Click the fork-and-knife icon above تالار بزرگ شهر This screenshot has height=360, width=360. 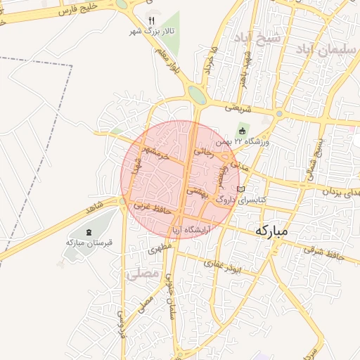click(x=150, y=20)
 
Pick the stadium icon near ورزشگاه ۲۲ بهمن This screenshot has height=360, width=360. click(x=243, y=130)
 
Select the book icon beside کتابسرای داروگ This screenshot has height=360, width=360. click(x=240, y=190)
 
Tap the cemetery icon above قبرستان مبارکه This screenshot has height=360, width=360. click(x=89, y=232)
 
